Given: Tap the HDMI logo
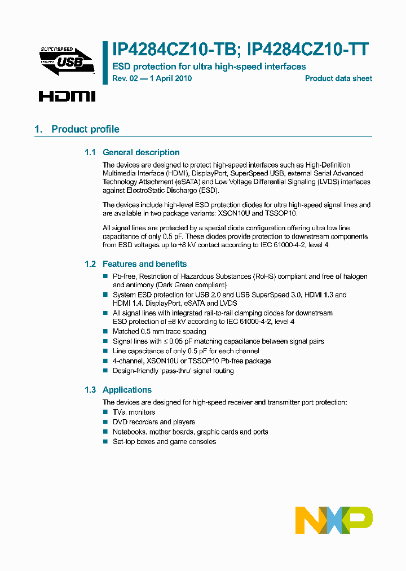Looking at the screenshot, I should [67, 96].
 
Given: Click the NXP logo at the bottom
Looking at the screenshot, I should [334, 520].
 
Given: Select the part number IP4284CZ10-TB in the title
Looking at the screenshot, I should [173, 50].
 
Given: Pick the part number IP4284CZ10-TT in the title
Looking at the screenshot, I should [308, 50].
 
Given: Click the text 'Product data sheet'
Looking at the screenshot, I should [338, 78].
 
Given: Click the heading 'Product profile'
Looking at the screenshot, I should [85, 129].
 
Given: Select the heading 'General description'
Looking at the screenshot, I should [141, 152].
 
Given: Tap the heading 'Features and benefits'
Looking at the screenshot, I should [144, 264].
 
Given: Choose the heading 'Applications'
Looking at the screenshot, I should [127, 390].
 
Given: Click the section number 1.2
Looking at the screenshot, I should [90, 264].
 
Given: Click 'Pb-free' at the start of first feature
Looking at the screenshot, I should [124, 276].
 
